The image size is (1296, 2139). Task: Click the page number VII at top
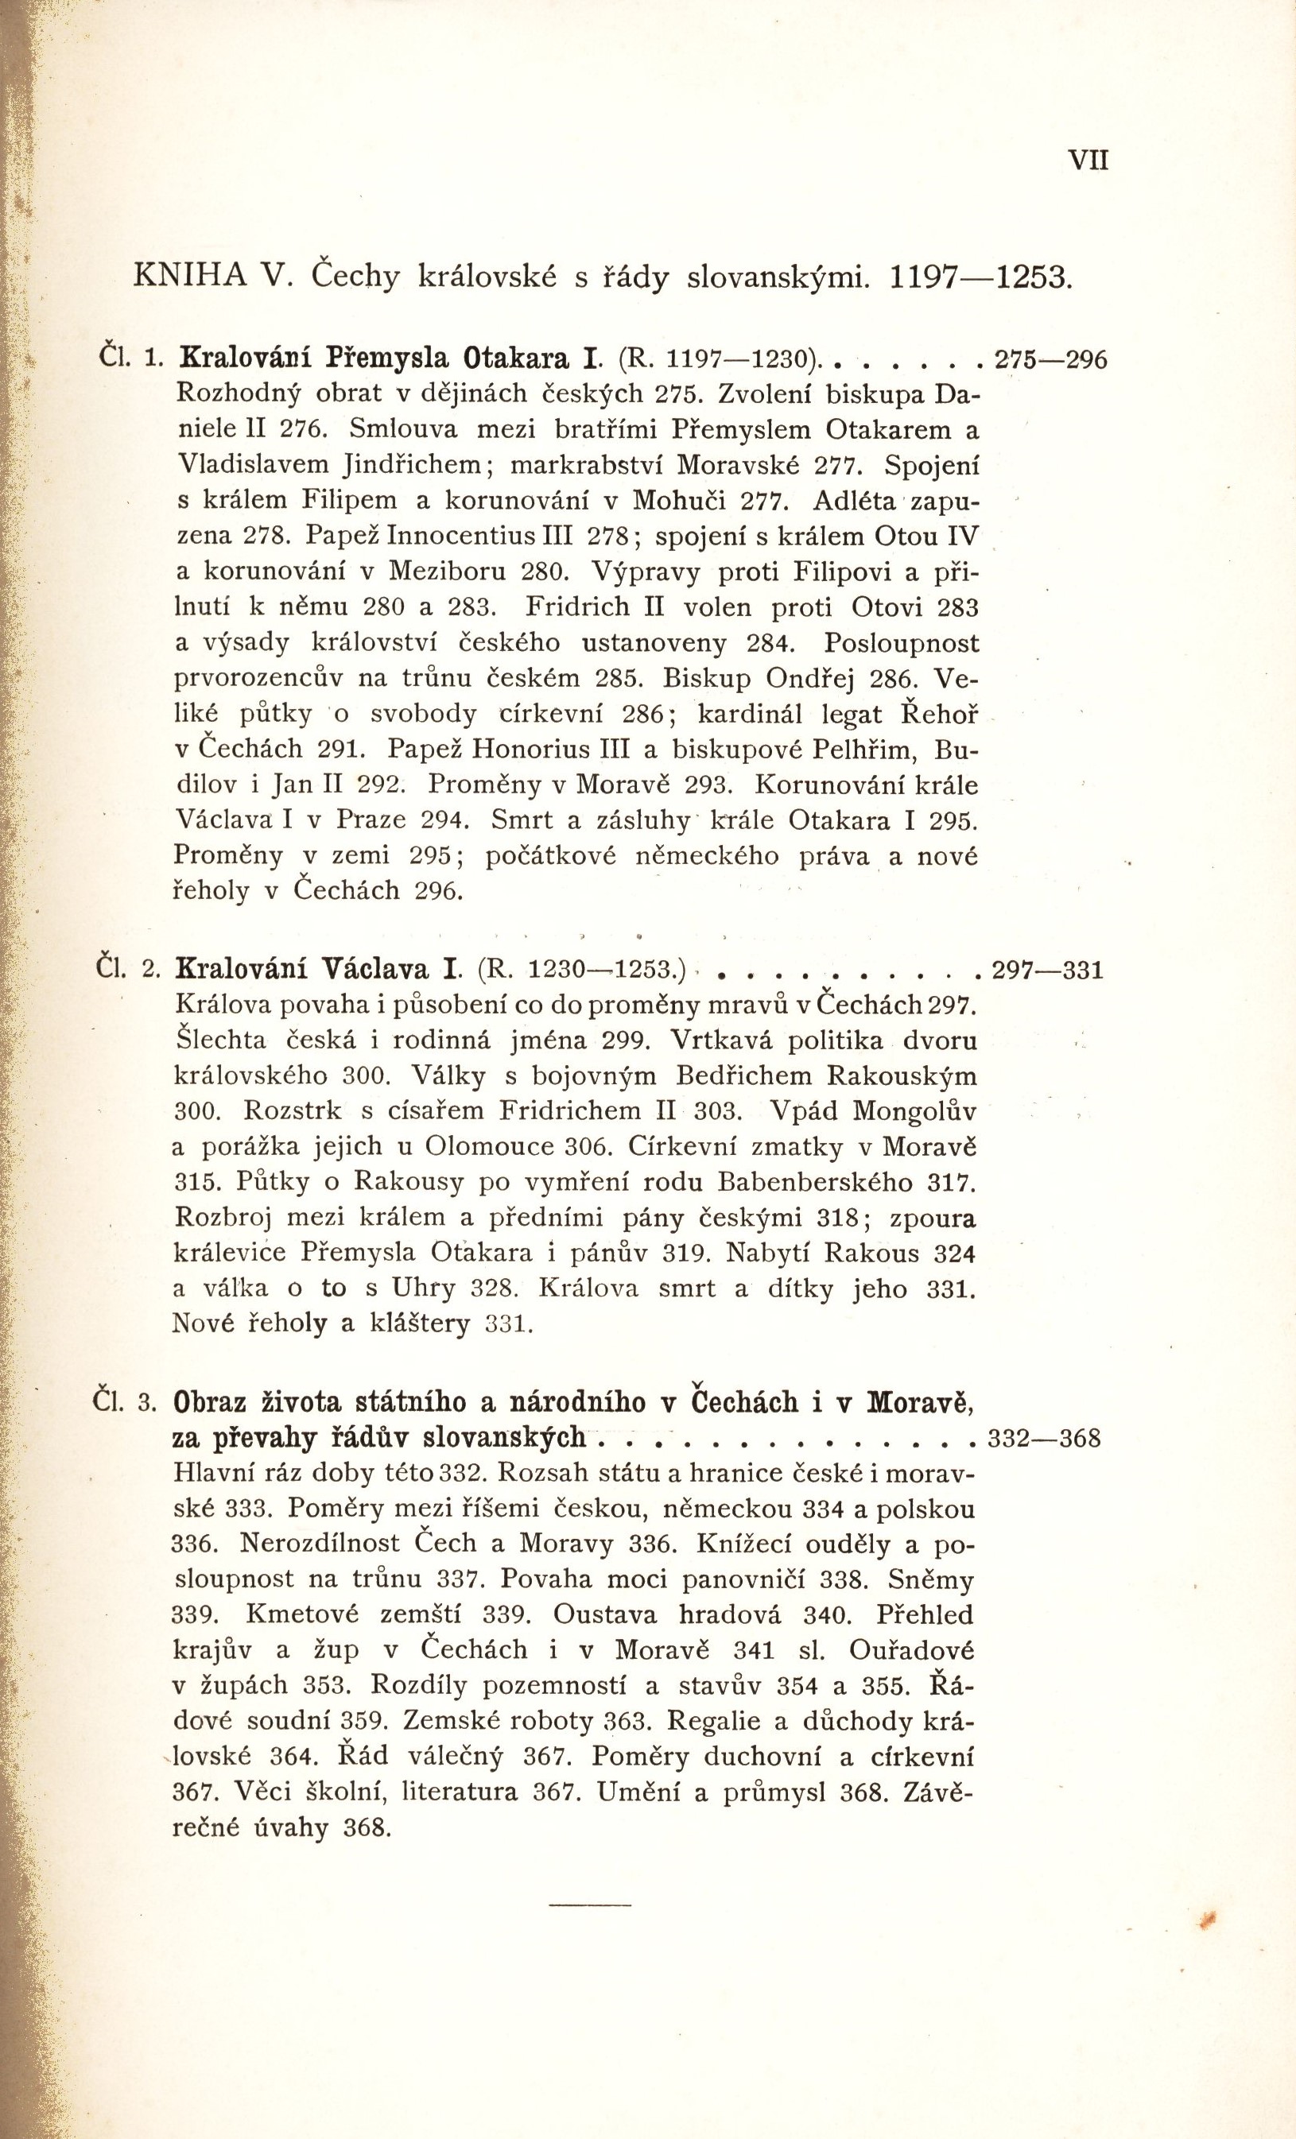[x=1088, y=161]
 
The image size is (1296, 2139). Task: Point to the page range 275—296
[x=1050, y=358]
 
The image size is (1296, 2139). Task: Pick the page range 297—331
[x=1047, y=969]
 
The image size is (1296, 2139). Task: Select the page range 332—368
[x=1044, y=1439]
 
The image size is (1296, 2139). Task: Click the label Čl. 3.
[x=122, y=1403]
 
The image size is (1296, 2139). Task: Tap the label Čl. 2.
[x=122, y=968]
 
